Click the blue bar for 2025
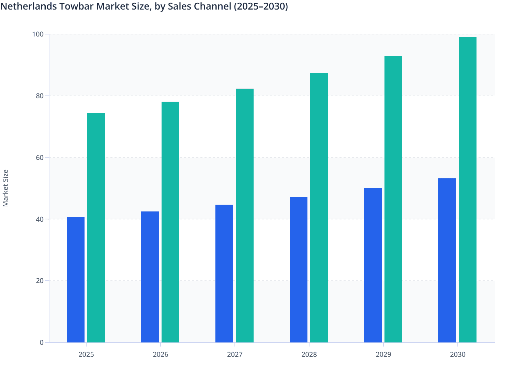76,280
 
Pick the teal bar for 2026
170,222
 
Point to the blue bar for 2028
299,269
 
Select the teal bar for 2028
319,208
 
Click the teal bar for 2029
393,199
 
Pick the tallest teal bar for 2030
468,190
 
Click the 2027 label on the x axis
235,354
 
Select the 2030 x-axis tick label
458,354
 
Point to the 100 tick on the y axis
38,34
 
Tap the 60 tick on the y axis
40,158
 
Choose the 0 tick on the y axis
42,342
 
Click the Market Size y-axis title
6,188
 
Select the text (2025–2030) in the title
261,6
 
